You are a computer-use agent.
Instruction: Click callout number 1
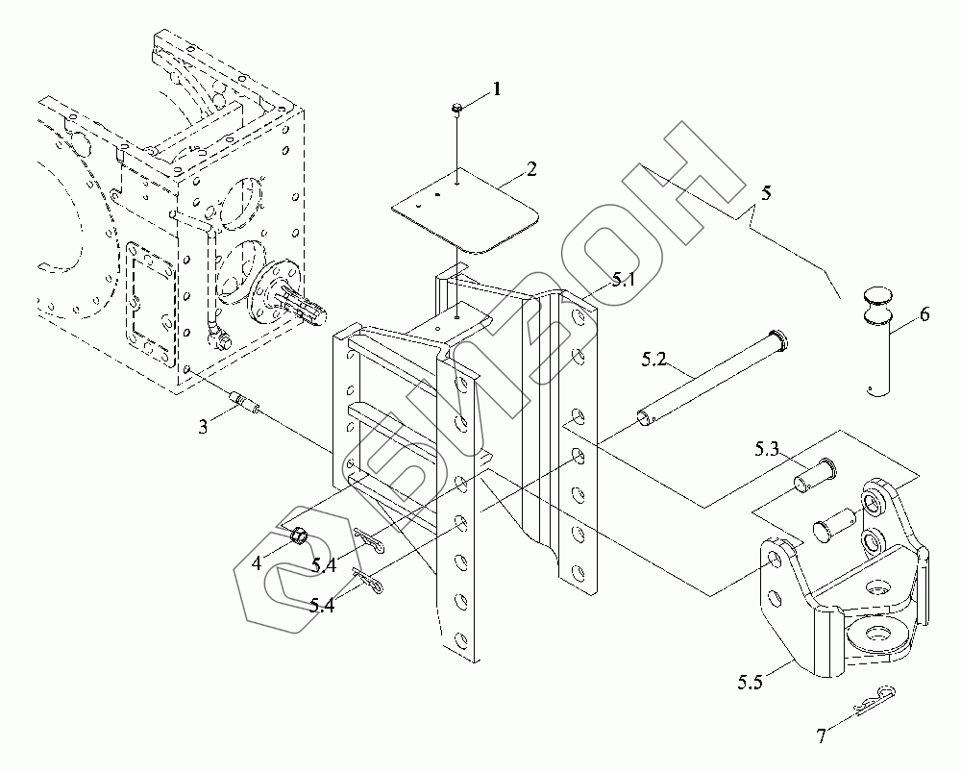[497, 89]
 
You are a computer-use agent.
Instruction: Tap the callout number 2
[530, 169]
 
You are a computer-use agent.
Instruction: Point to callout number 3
[203, 427]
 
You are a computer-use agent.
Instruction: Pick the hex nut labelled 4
[299, 536]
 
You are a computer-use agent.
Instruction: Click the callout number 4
[257, 564]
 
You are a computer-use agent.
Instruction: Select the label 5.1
[623, 280]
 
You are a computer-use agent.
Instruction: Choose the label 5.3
[767, 448]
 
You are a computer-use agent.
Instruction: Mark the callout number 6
[924, 314]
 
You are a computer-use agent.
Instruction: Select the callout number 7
[821, 736]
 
